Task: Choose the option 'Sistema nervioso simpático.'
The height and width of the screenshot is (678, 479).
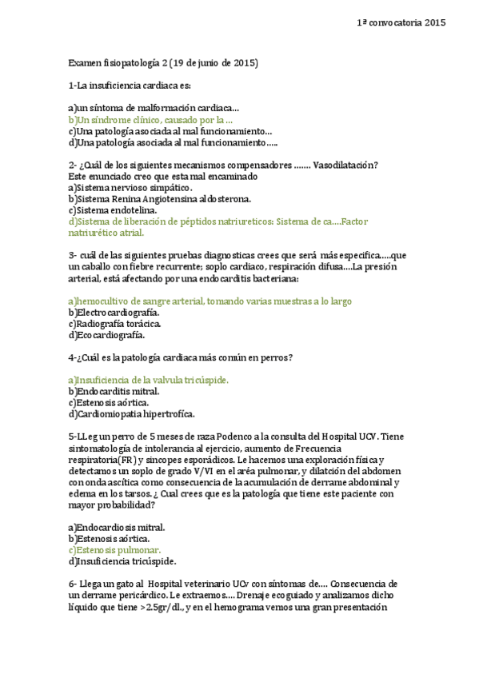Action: tap(125, 187)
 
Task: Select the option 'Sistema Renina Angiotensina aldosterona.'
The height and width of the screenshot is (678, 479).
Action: tap(159, 198)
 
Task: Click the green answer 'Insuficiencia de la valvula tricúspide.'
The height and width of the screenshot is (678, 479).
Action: tap(149, 380)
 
